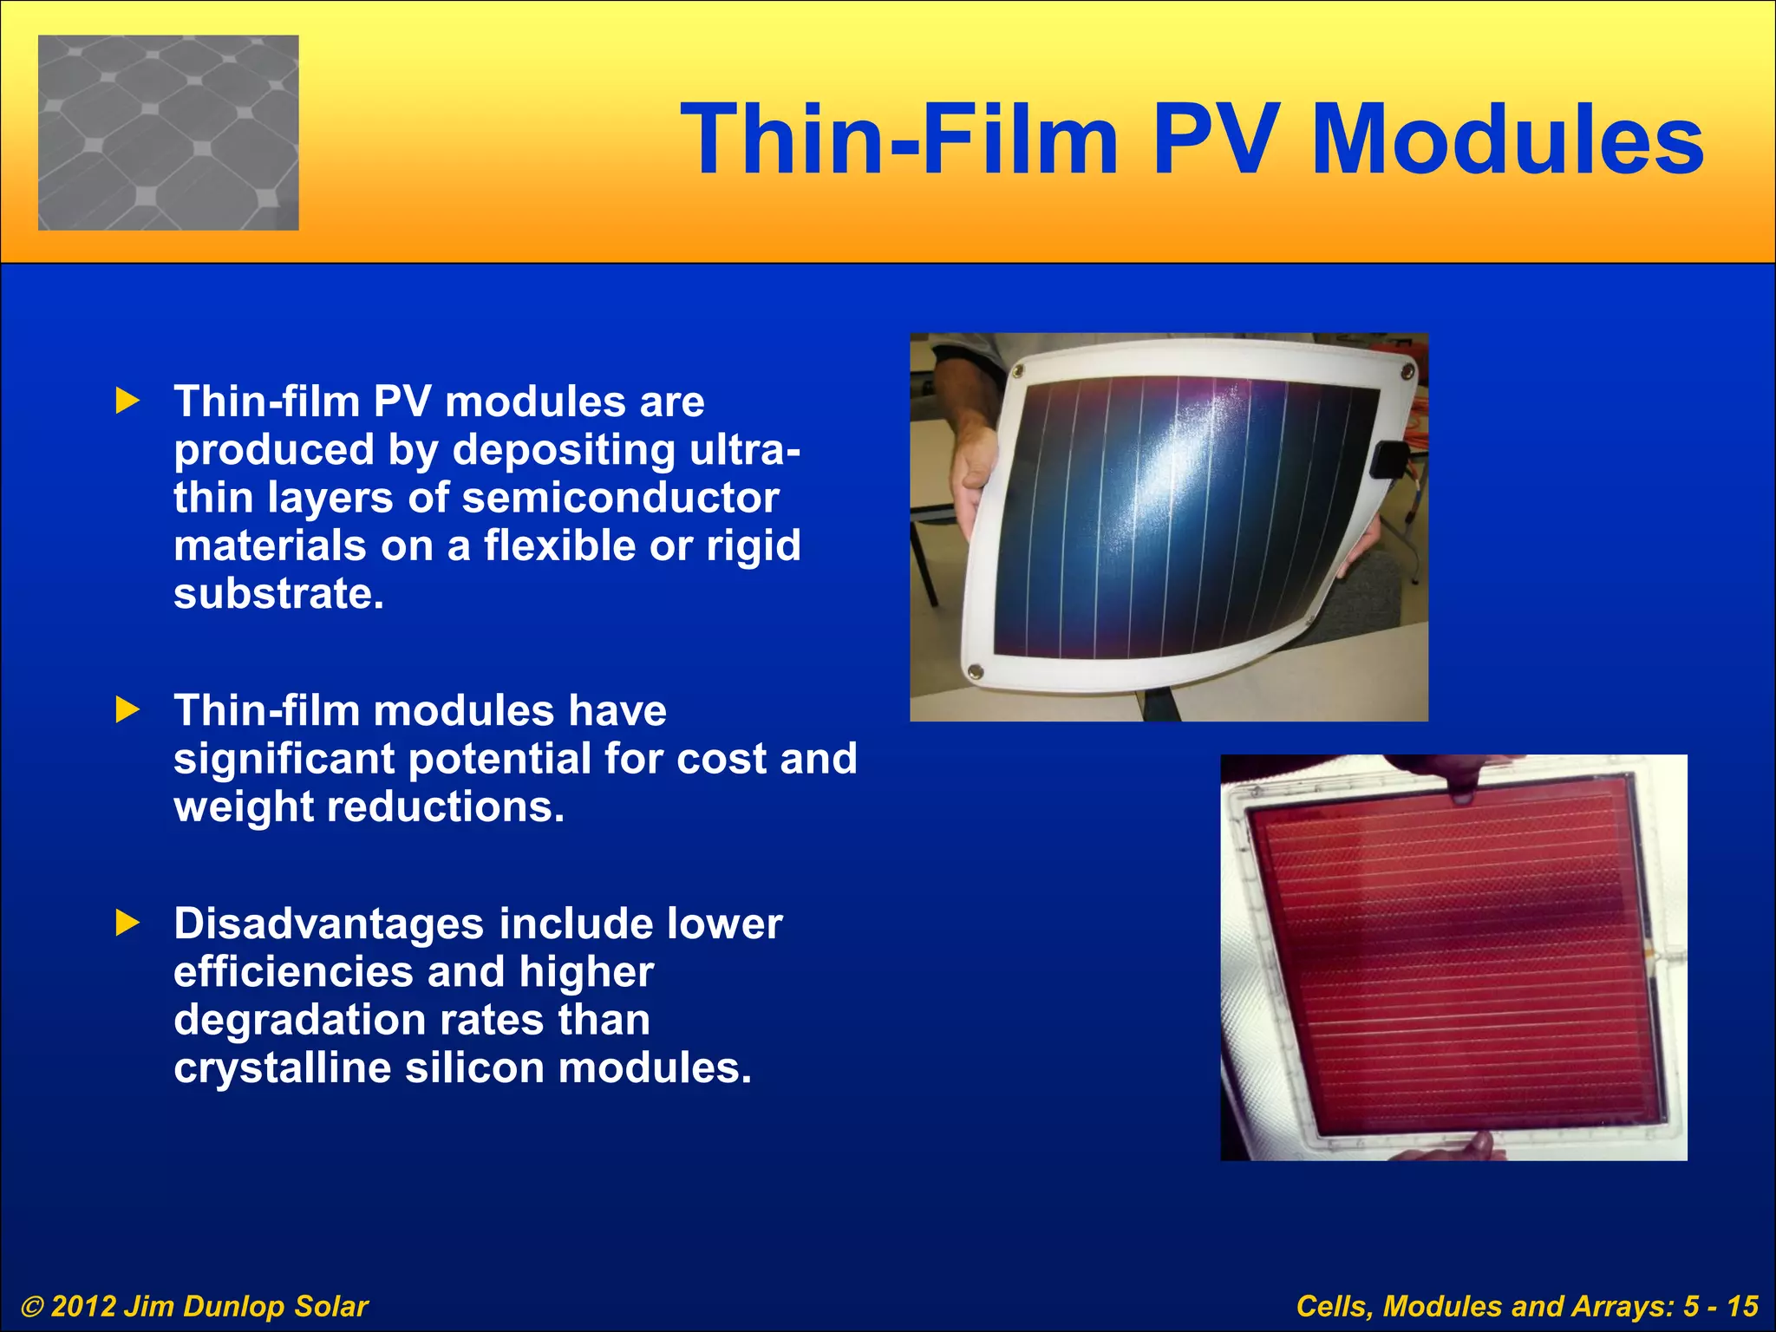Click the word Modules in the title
coord(1507,140)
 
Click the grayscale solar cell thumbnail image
coord(168,133)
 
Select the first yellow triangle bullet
coord(127,401)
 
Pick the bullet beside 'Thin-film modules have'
coord(127,710)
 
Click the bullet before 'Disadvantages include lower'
coord(127,923)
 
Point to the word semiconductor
coord(620,498)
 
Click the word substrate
coord(277,594)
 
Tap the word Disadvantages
coord(328,924)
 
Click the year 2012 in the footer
coord(82,1306)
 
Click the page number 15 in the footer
coord(1742,1306)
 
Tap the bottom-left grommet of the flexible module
coord(975,670)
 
